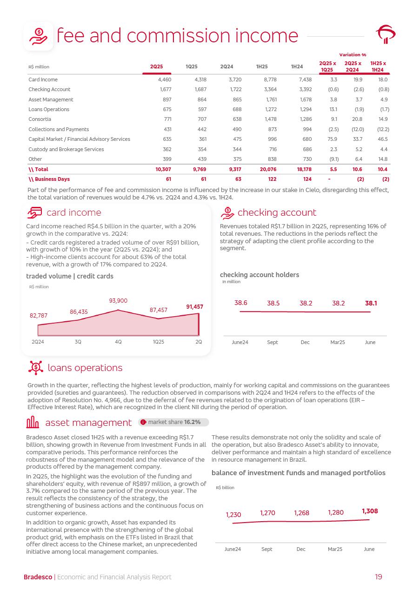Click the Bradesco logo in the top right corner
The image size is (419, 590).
point(386,34)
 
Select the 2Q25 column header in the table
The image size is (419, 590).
point(156,67)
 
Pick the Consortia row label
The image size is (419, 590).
point(40,119)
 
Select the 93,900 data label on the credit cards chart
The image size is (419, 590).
point(118,301)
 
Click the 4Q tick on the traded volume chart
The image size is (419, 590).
point(118,342)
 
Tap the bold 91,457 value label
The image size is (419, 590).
point(194,307)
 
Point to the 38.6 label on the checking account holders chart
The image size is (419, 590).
point(240,303)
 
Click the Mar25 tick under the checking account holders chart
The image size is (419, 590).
point(338,342)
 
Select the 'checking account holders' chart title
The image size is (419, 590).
point(259,275)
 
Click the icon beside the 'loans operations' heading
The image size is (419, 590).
point(36,368)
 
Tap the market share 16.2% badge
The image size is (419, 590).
point(173,422)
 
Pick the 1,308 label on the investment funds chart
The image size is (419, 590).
point(370,511)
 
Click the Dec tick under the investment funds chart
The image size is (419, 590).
point(301,549)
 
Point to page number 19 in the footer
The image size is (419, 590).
point(379,577)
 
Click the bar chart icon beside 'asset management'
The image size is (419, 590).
point(33,422)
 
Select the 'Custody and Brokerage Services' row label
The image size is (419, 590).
point(66,149)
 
